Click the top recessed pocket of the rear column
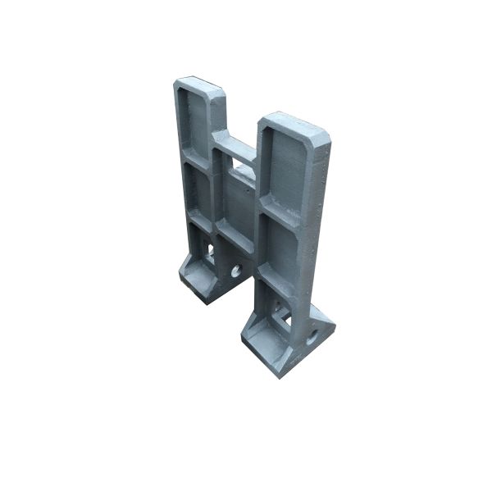(x=198, y=121)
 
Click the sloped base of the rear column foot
(x=197, y=279)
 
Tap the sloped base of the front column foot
(x=266, y=348)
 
